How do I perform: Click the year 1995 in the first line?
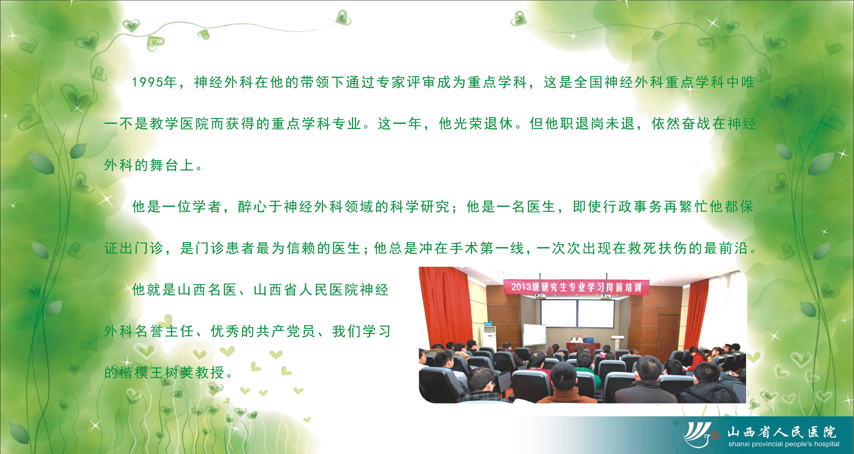148,82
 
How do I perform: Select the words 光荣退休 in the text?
476,124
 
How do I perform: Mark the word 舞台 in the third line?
164,165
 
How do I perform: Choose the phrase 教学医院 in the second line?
179,124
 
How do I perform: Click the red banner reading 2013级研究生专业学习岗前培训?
576,287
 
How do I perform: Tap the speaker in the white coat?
576,338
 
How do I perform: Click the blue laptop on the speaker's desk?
589,340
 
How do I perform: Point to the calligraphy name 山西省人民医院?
781,432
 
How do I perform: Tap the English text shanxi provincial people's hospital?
784,444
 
